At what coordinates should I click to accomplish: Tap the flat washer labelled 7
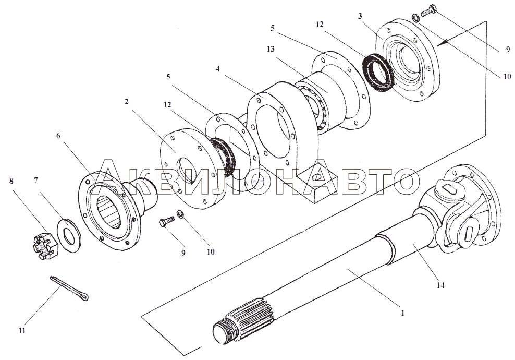click(x=70, y=235)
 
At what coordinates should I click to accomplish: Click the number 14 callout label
click(x=440, y=285)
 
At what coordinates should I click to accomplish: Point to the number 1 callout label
click(x=403, y=313)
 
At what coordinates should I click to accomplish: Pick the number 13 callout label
click(x=271, y=49)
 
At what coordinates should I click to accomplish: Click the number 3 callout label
click(x=360, y=16)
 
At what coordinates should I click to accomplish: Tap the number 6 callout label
click(x=58, y=136)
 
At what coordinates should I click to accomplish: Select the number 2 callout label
click(x=126, y=102)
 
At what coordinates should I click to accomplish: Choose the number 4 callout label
click(x=217, y=69)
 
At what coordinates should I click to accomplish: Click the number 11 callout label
click(x=22, y=330)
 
